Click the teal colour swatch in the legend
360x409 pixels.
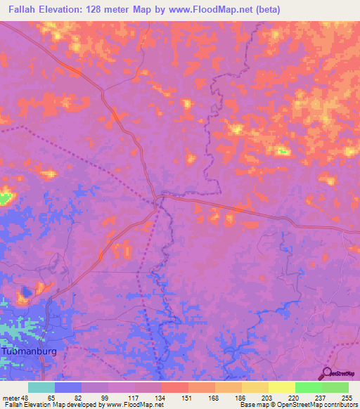41,387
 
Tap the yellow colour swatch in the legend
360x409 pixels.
281,387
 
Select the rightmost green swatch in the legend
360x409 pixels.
335,387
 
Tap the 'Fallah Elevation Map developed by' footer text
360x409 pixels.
52,405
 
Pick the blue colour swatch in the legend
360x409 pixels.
68,387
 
